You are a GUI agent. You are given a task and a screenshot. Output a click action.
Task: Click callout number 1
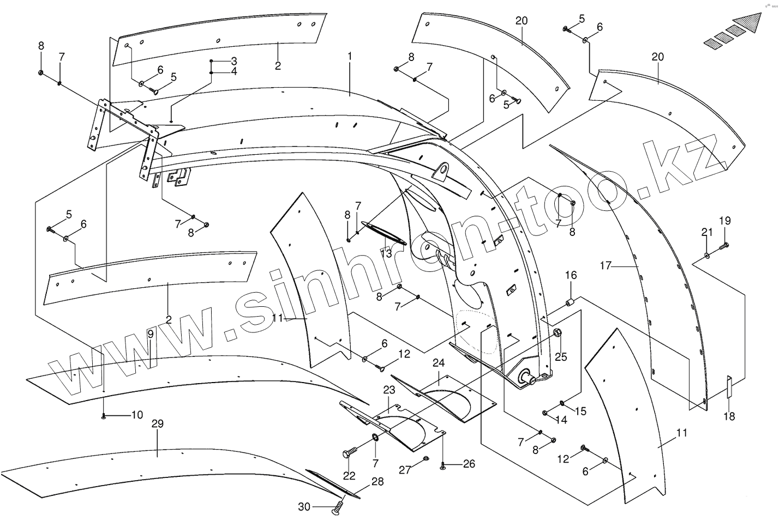point(350,56)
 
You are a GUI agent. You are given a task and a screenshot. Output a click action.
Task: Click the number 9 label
point(150,334)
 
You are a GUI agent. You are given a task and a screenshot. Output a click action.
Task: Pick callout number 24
point(439,363)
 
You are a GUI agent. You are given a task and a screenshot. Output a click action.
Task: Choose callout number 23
point(388,390)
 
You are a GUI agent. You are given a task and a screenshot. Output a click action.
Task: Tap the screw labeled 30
point(338,509)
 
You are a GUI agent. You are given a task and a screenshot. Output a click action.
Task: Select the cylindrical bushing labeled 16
point(569,301)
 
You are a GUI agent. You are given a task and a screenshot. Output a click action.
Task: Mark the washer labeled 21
point(707,255)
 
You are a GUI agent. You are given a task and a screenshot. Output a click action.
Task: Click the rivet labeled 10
point(103,417)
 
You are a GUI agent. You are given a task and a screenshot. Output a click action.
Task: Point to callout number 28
point(377,482)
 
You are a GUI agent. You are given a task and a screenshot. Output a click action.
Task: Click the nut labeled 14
point(546,412)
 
